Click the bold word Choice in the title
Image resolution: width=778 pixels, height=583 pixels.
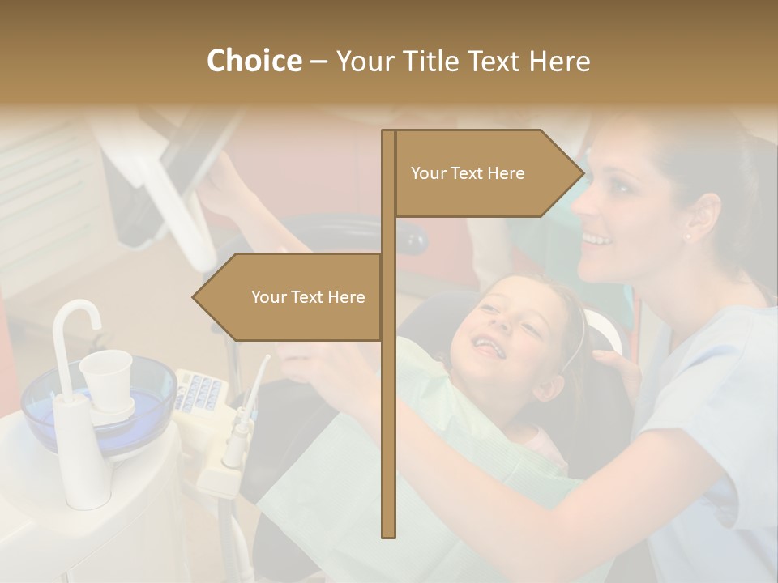(254, 61)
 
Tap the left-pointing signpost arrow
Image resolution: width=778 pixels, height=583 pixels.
(288, 297)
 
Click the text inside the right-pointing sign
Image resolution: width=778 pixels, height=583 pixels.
(468, 173)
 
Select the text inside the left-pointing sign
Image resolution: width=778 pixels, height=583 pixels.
(308, 297)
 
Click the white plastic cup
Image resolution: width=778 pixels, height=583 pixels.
(107, 377)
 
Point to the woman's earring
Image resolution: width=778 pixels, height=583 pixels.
(688, 237)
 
